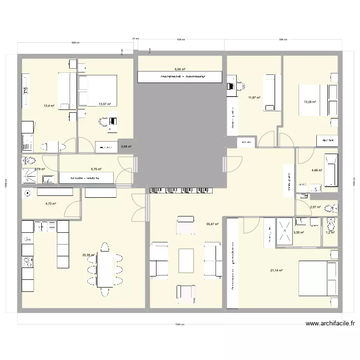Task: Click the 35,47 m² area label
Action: (x=212, y=224)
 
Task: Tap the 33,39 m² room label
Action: (x=88, y=255)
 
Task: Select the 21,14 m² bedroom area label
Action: (x=276, y=270)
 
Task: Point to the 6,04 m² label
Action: (x=180, y=69)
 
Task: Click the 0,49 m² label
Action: (x=127, y=147)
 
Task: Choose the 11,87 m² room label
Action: (x=254, y=98)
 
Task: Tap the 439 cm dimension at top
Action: (x=180, y=39)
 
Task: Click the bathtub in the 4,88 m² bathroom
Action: (x=331, y=170)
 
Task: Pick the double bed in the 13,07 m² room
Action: (x=97, y=90)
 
